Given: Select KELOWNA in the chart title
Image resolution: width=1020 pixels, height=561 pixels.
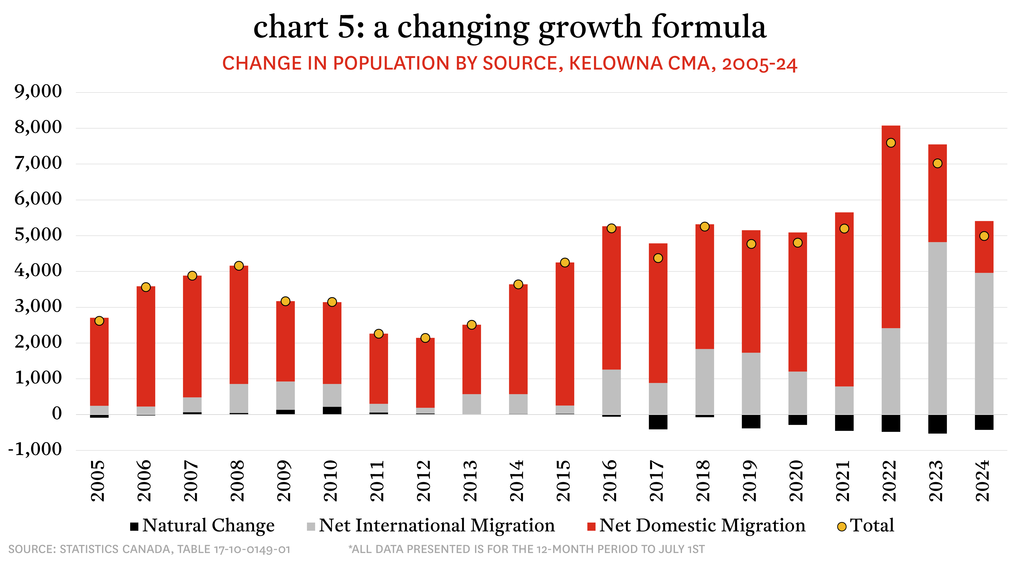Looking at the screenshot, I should point(616,64).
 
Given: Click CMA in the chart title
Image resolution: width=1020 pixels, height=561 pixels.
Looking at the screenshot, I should point(689,64).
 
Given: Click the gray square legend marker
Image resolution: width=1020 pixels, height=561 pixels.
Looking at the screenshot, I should point(311,527).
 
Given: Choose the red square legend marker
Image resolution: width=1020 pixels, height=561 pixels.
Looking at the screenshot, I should point(591,527).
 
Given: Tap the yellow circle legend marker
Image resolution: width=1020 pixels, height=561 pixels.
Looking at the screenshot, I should point(842,527).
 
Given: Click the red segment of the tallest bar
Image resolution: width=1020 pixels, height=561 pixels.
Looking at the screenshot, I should point(891,238).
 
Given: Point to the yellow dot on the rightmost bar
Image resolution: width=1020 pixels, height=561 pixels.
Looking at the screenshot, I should point(984,236).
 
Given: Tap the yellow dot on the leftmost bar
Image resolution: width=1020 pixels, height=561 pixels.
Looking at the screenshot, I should point(99,321).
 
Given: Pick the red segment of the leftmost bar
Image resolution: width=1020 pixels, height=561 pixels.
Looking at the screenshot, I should point(99,365).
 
